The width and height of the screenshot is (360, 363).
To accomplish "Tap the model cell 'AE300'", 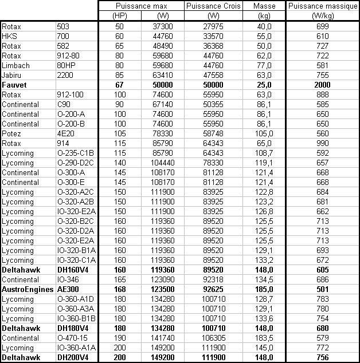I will click(68, 290).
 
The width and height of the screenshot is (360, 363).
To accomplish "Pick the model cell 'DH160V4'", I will click(73, 270).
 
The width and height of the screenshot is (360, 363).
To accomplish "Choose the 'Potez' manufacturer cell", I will click(12, 133).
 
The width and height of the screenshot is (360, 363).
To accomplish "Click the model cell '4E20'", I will click(65, 133).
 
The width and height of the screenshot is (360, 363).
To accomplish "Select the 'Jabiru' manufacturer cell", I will click(12, 75).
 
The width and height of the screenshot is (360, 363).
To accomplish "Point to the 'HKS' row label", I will click(10, 36).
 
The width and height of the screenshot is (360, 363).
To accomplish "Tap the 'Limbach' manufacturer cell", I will click(15, 65).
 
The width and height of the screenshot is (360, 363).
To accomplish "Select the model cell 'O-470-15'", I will click(72, 338).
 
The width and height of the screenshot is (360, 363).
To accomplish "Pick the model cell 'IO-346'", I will click(68, 280).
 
